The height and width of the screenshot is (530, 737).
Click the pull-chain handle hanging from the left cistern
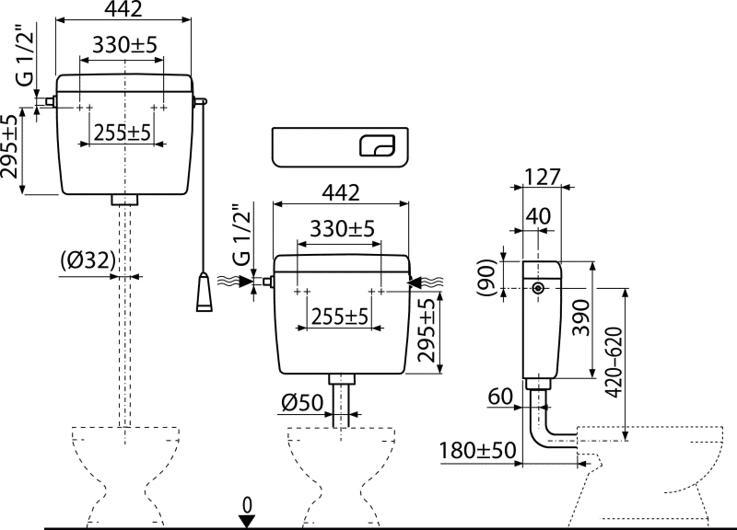click(x=204, y=292)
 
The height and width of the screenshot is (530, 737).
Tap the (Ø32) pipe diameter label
click(x=88, y=260)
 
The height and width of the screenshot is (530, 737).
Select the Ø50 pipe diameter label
click(x=303, y=402)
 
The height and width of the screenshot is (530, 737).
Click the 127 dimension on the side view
click(x=543, y=177)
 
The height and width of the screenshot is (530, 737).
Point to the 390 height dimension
click(x=582, y=317)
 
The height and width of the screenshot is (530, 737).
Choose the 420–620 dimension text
click(x=614, y=363)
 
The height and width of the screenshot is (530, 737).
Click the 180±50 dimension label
click(x=478, y=450)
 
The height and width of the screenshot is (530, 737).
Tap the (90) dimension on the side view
click(x=486, y=278)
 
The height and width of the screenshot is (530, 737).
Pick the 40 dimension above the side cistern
click(x=538, y=216)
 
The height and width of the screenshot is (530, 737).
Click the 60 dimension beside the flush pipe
click(x=500, y=397)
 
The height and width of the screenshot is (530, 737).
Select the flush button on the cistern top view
click(x=378, y=145)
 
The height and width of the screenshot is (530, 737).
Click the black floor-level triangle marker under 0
click(x=247, y=521)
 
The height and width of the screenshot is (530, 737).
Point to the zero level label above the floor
click(x=247, y=505)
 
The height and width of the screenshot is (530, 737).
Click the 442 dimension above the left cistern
click(x=123, y=9)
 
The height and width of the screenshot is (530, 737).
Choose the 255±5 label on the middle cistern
click(x=339, y=317)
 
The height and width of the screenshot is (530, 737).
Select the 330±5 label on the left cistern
click(x=124, y=45)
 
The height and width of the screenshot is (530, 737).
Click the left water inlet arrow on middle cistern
click(x=236, y=282)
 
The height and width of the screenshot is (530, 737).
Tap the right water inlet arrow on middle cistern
click(x=426, y=282)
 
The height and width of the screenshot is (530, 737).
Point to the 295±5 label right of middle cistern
click(x=427, y=330)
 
